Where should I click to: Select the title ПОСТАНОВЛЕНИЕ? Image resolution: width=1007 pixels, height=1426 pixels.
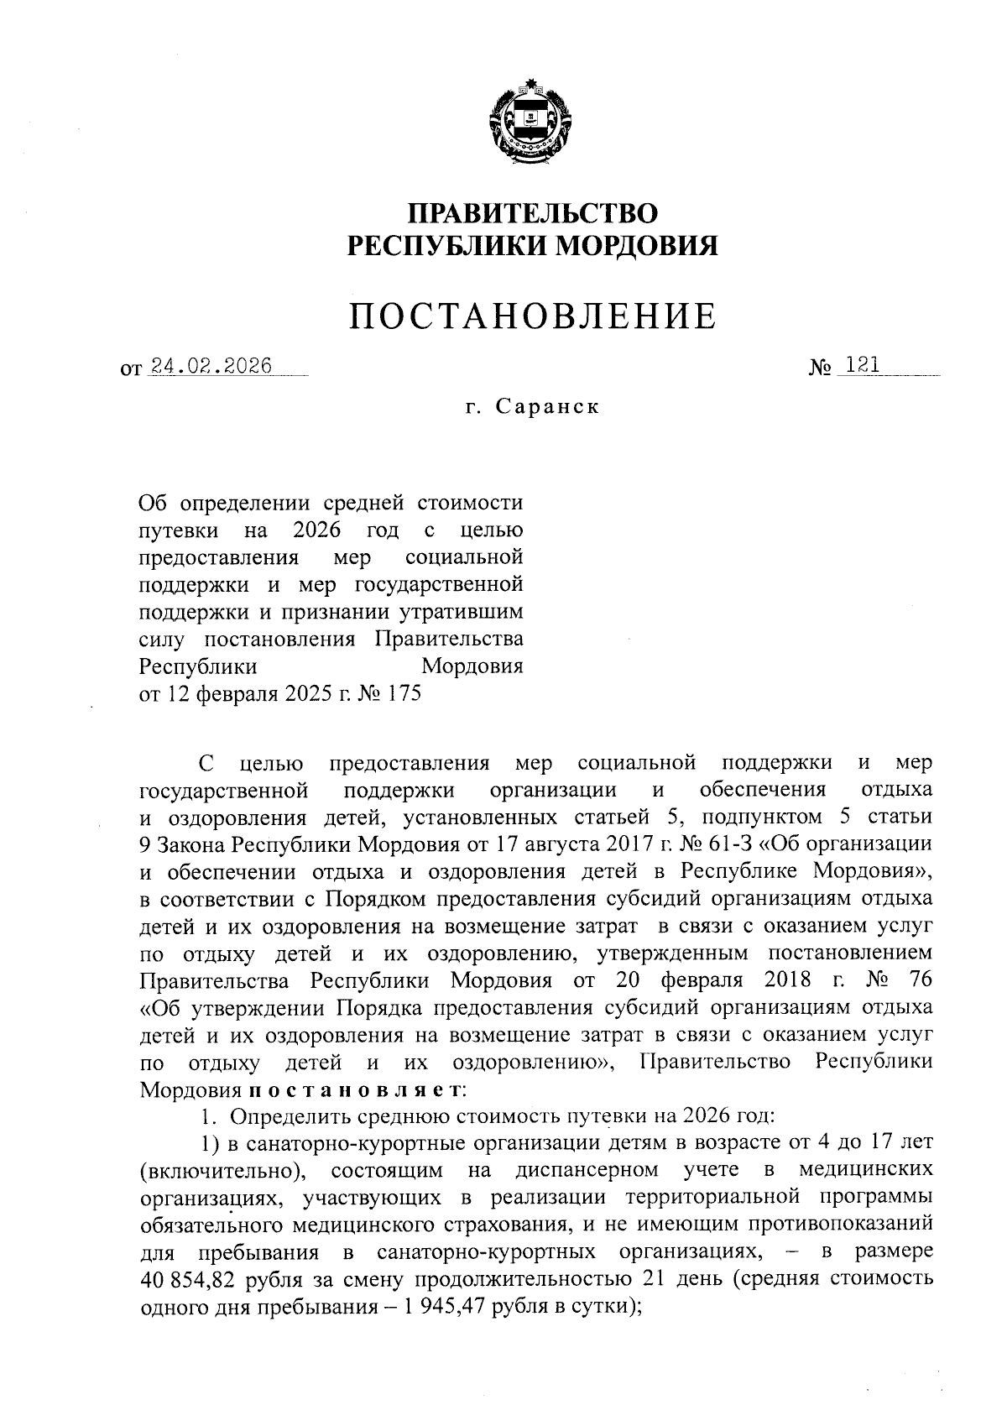pyautogui.click(x=533, y=316)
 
